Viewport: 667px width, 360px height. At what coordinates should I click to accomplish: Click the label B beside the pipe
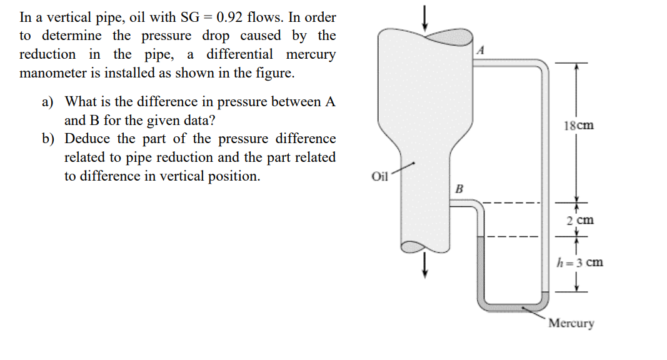(459, 187)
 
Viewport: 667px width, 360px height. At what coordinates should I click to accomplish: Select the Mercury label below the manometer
(571, 324)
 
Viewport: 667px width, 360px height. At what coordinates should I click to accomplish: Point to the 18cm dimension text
(578, 126)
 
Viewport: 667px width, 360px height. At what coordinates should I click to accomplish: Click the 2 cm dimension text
(579, 221)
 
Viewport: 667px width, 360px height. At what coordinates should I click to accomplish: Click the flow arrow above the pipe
(425, 17)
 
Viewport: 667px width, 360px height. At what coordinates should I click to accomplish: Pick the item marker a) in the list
(48, 101)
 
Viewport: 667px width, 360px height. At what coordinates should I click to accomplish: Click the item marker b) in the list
(48, 139)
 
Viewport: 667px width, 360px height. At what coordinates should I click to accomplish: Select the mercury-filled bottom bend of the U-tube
(513, 305)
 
